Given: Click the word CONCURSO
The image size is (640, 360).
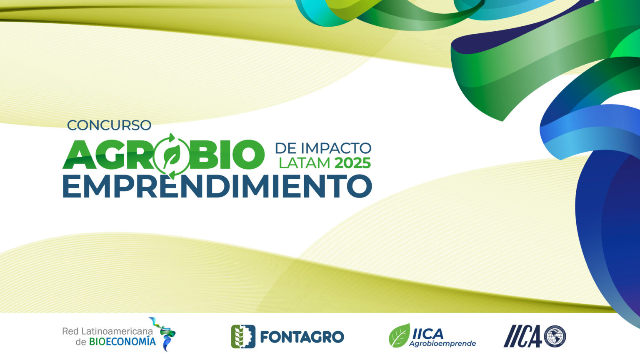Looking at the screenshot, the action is tap(109, 125).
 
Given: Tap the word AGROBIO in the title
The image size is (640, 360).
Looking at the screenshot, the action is tap(163, 155).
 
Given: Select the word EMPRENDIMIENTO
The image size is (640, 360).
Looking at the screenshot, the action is tap(217, 186).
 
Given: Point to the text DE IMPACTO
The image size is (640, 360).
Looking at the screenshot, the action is tap(323, 148).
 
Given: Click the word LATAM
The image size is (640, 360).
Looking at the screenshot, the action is tap(305, 163).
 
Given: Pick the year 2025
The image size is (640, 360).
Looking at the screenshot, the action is tap(352, 163).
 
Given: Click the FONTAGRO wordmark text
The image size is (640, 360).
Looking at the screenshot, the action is tap(302, 337).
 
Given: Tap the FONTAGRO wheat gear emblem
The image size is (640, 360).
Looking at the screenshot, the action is tap(243, 337).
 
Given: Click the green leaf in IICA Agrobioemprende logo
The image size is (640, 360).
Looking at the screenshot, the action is tap(400, 335).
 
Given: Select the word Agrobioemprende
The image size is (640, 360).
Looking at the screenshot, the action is tap(442, 343).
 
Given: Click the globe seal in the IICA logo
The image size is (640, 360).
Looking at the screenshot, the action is tap(555, 336).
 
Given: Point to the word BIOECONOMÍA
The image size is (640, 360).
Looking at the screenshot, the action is tap(122, 341).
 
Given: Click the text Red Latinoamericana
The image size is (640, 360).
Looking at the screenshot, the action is tap(107, 331).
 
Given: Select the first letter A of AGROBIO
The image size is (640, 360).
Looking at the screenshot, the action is tap(79, 155).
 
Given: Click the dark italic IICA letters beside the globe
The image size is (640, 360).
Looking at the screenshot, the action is tap(522, 336).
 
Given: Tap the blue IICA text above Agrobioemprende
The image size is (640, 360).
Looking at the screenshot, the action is tap(428, 333).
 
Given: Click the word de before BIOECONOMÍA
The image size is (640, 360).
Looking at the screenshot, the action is tap(81, 342).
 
